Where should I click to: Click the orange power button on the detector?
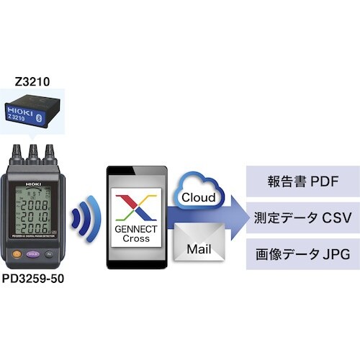point(15,253)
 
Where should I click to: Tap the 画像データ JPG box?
point(302,255)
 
